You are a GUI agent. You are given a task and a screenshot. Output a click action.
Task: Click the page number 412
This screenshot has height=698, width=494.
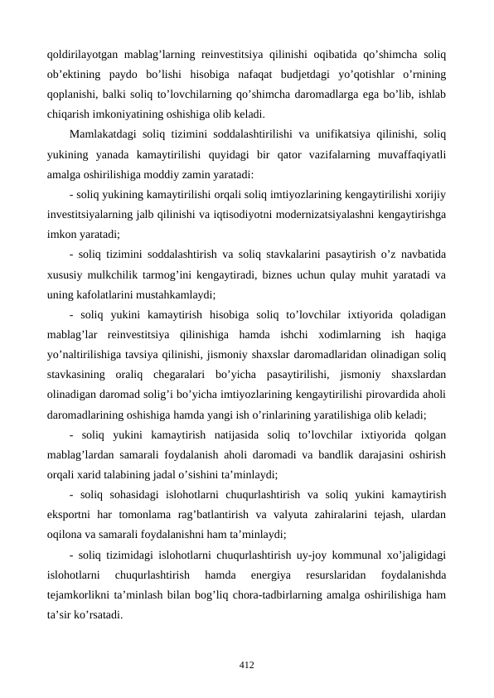click(x=246, y=665)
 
